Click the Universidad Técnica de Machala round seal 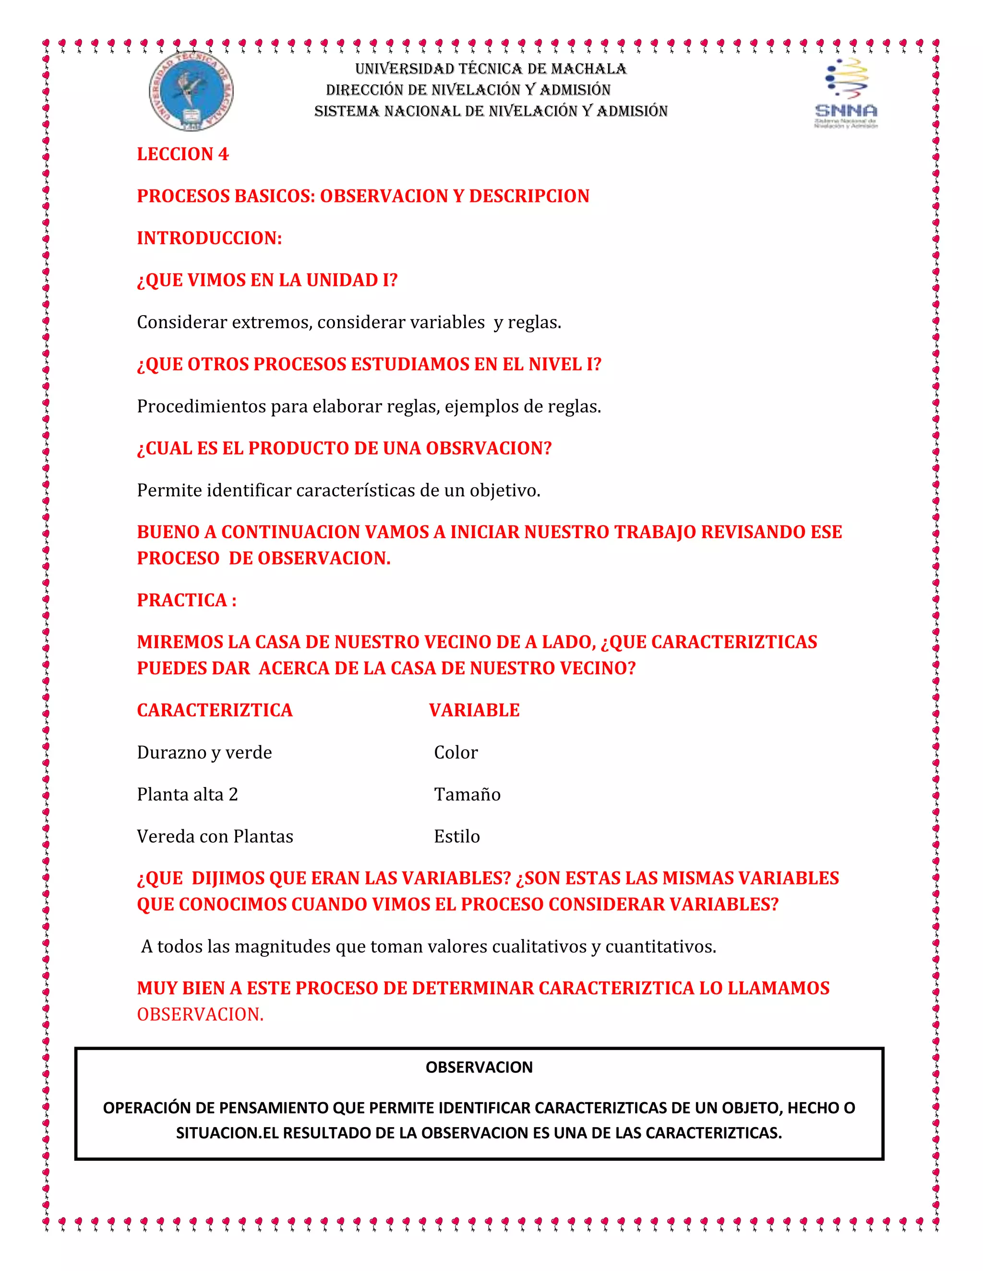(x=191, y=91)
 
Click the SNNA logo (x=846, y=93)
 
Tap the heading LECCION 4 (x=182, y=154)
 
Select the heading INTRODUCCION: (x=209, y=238)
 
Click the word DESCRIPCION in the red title (x=529, y=196)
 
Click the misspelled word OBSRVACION (x=488, y=448)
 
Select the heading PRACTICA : (x=186, y=600)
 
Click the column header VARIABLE (x=474, y=710)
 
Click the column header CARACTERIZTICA (x=214, y=710)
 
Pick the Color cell (x=456, y=753)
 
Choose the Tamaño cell (x=467, y=794)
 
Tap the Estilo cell (x=456, y=836)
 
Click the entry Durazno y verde (x=204, y=753)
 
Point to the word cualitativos (x=539, y=946)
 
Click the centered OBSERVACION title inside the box (x=479, y=1067)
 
